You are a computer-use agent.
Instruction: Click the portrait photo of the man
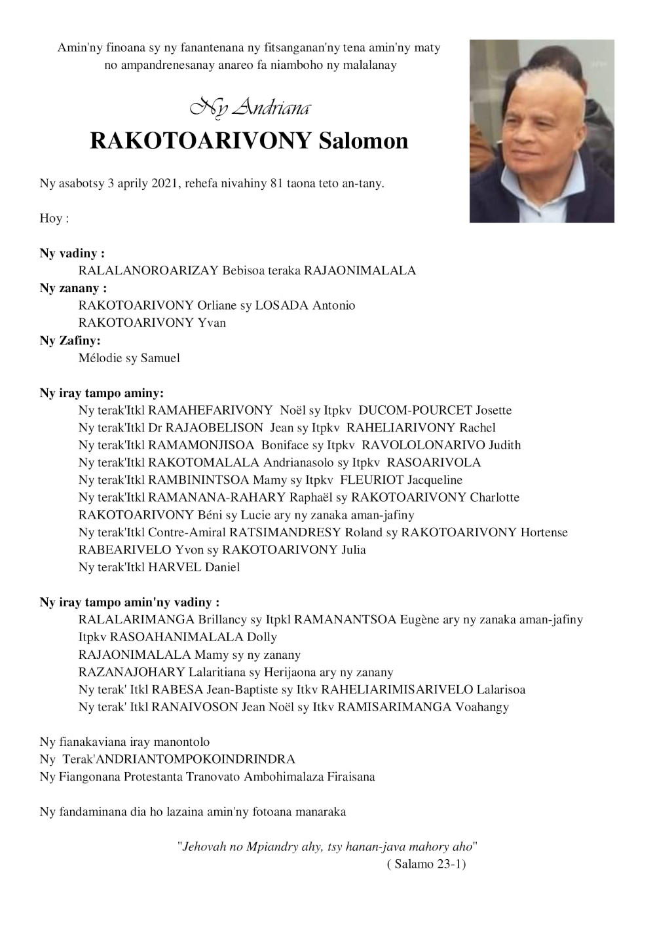tap(542, 131)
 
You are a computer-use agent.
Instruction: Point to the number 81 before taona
tap(276, 183)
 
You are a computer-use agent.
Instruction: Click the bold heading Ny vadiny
tap(72, 253)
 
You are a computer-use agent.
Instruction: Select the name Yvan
tap(212, 323)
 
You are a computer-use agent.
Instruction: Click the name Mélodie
tap(102, 358)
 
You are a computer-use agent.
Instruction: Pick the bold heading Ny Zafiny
tap(70, 341)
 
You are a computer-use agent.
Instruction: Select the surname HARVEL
tap(175, 567)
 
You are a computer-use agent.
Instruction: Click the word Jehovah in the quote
tap(204, 847)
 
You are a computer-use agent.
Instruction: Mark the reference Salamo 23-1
tap(426, 864)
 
